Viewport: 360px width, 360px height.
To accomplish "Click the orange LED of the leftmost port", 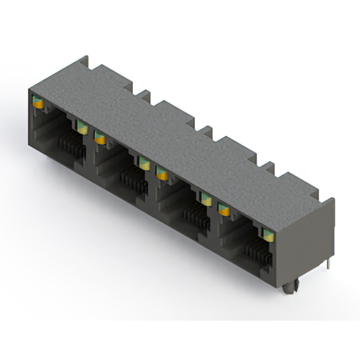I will click(38, 102).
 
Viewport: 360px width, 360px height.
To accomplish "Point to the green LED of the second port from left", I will click(143, 163).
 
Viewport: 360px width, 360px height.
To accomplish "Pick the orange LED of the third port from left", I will click(162, 174).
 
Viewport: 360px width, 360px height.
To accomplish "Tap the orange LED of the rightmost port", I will click(224, 209).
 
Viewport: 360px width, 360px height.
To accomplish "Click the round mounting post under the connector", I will click(289, 287).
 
